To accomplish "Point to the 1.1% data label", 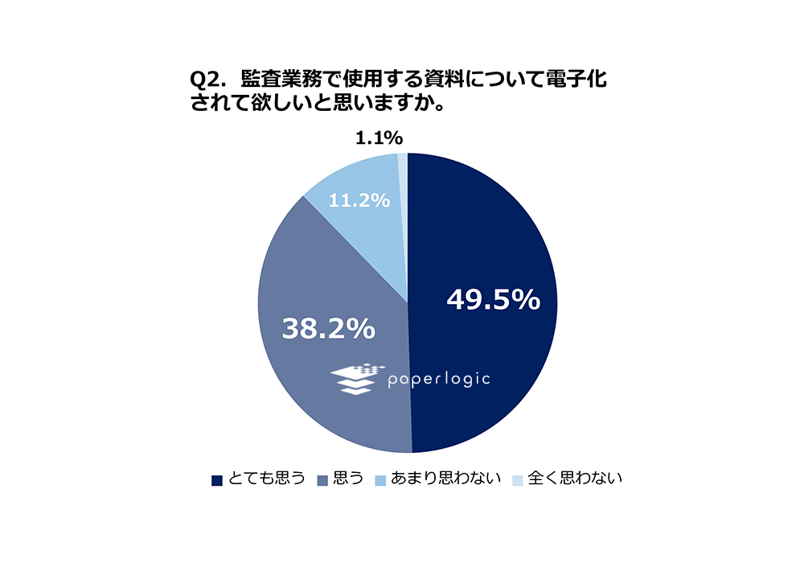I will pos(379,138).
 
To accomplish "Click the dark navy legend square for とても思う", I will pos(216,480).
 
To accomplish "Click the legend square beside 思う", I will pos(322,480).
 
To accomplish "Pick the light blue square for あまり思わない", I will pos(379,480).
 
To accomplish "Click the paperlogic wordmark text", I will pos(438,378).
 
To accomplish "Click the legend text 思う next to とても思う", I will pos(348,479).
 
